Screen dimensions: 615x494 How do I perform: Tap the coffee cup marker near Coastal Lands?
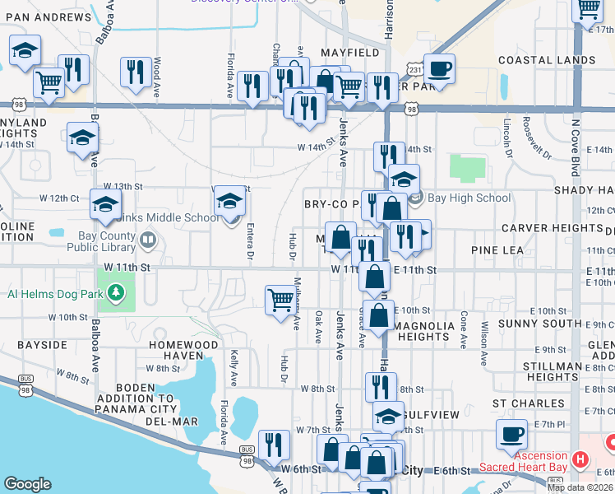pyautogui.click(x=440, y=68)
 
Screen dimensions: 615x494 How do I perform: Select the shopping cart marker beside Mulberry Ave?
pyautogui.click(x=280, y=300)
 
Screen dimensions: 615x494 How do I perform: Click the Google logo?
pyautogui.click(x=27, y=484)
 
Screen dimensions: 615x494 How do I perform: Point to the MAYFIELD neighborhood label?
pyautogui.click(x=349, y=53)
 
